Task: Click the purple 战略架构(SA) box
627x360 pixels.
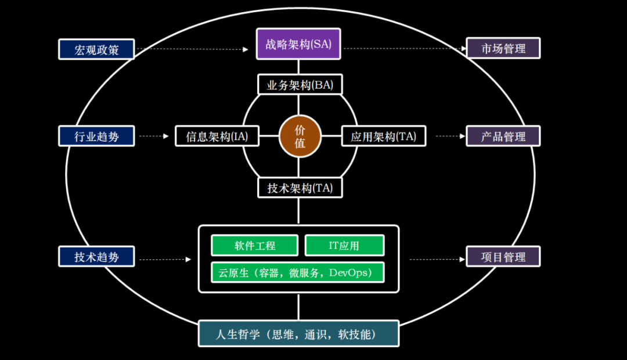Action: coord(298,44)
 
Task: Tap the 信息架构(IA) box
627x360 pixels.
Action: coord(217,136)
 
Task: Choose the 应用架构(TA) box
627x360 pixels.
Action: coord(383,136)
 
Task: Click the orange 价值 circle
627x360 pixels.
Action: coord(300,136)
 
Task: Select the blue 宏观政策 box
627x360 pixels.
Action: coord(96,49)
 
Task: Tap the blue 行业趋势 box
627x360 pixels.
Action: coord(96,136)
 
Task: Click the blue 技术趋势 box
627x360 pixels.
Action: coord(96,257)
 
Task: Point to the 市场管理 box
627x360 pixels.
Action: coord(503,48)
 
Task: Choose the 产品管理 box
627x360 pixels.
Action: coord(503,136)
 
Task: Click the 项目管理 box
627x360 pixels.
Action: coord(503,257)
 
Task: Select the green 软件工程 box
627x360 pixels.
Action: coord(254,245)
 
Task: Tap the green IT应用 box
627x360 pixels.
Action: coord(344,245)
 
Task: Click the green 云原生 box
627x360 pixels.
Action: coord(298,272)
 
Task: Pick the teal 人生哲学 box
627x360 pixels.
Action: coord(298,334)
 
